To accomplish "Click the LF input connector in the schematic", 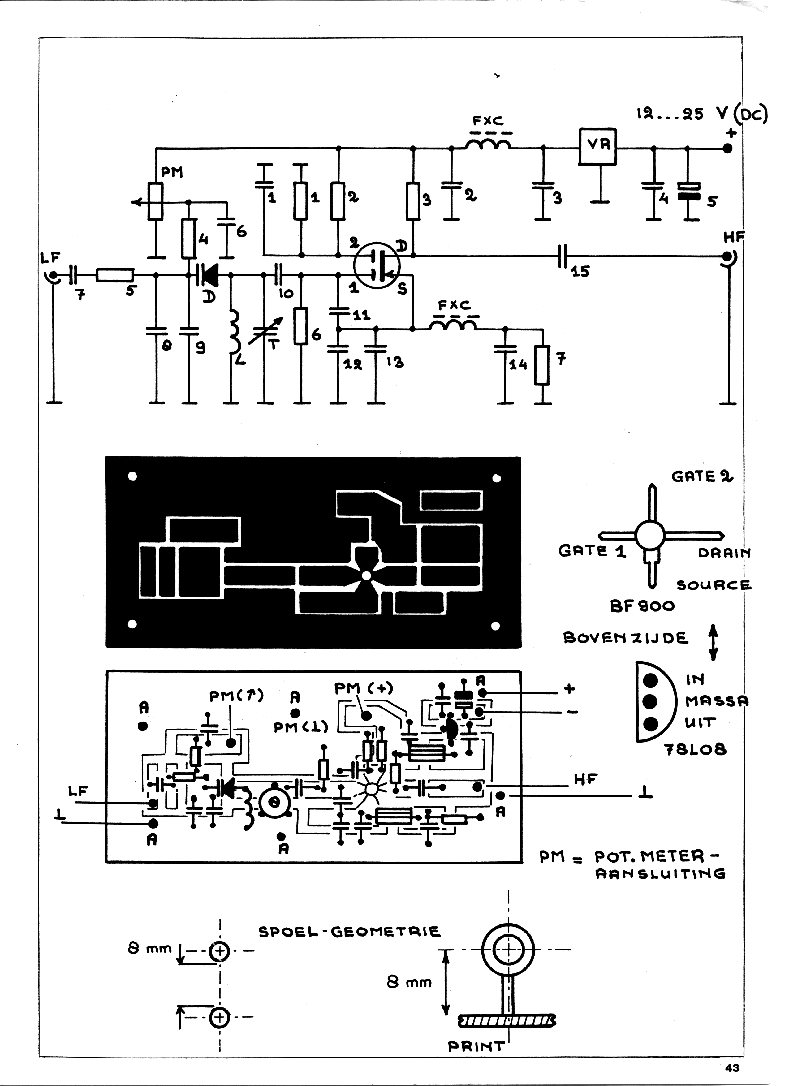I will coord(52,275).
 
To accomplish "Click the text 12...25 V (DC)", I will coord(701,114).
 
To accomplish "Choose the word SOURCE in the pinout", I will coord(714,585).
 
